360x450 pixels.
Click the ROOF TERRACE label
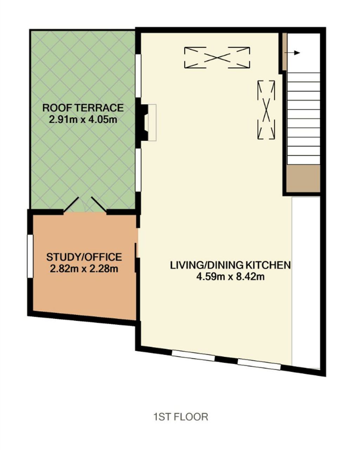pos(83,108)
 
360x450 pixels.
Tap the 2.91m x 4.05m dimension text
pos(83,120)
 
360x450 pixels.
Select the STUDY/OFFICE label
pos(84,257)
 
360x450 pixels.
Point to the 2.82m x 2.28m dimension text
pos(84,269)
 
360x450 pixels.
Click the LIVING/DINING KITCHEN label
pos(230,265)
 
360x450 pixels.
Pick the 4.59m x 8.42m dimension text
pos(230,277)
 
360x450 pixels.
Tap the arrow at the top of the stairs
pos(294,53)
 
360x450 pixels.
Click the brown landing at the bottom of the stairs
pos(303,178)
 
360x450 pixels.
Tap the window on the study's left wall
pos(30,256)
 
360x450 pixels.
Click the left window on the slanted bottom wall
pos(194,356)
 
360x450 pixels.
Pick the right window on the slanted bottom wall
pos(259,365)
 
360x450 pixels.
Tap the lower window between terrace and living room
pos(138,170)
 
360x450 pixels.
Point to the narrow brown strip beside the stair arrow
pos(284,52)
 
